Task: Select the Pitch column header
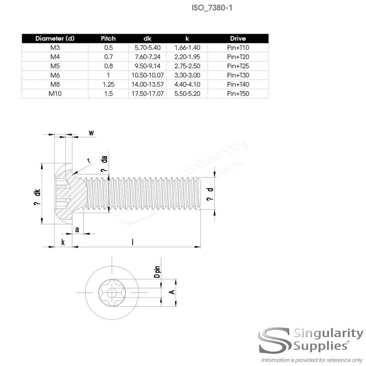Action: tap(108, 38)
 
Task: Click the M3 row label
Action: tap(54, 47)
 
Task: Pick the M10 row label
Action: tap(54, 93)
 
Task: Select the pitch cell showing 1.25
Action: tap(108, 84)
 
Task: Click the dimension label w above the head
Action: tap(91, 133)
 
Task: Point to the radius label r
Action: tap(89, 160)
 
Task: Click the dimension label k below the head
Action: tap(62, 242)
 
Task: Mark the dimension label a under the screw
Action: tap(76, 229)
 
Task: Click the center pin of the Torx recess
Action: tap(111, 291)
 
